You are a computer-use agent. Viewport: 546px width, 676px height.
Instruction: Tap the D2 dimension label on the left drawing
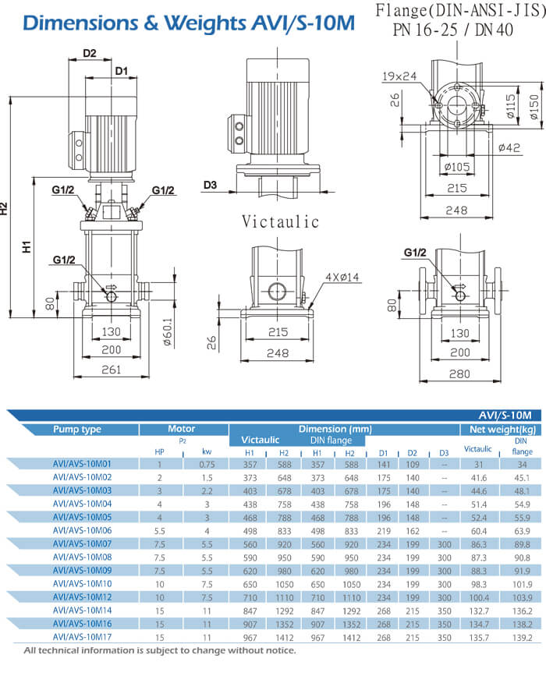89,54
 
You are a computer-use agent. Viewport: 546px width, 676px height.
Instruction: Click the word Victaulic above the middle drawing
280,221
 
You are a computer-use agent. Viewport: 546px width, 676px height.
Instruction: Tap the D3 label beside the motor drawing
209,185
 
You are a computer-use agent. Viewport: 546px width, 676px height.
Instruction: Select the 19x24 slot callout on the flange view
399,76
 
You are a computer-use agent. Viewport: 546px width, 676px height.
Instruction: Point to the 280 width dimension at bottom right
459,373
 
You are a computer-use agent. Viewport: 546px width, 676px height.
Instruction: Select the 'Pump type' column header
76,429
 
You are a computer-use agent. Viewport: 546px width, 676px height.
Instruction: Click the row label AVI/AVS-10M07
82,542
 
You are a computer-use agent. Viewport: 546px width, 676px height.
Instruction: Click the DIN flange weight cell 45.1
521,476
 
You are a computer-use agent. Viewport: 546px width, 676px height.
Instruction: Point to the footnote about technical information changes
159,650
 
